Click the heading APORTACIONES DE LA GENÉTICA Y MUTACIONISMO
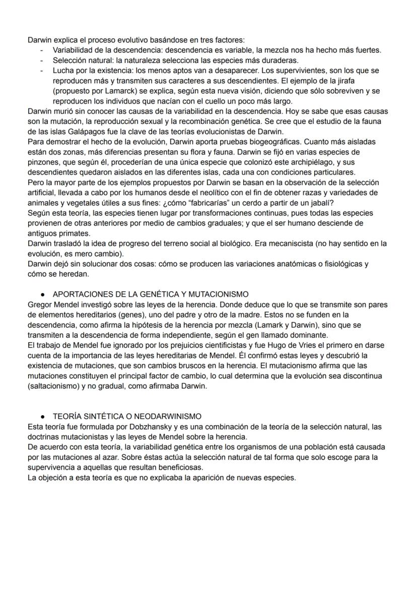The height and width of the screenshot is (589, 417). (150, 294)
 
